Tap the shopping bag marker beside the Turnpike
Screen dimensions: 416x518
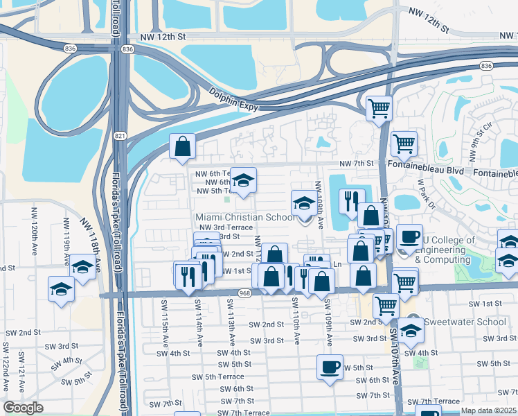click(183, 146)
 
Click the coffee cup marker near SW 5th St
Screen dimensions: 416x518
click(330, 366)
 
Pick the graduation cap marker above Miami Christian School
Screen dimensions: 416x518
click(243, 180)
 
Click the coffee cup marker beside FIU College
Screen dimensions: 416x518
click(409, 236)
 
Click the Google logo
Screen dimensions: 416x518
click(24, 408)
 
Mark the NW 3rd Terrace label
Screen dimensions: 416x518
click(226, 227)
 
